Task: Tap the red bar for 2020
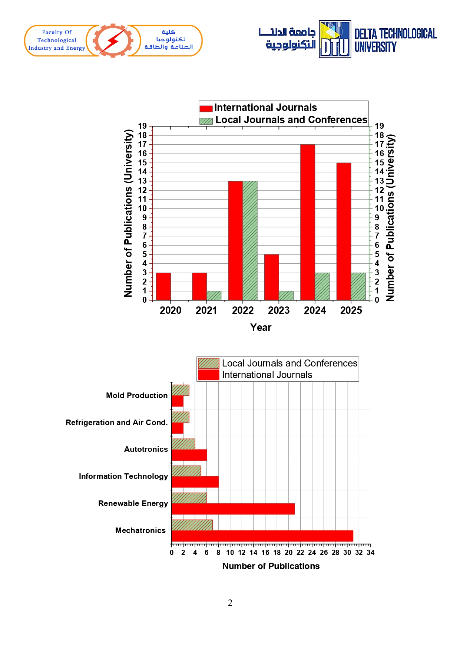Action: coord(163,286)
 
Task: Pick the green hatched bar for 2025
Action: coord(358,286)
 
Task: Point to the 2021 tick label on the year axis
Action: coord(206,310)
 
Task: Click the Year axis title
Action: coord(261,327)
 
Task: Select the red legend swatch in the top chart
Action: coord(206,109)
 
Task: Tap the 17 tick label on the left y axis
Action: coord(143,144)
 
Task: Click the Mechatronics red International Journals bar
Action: coord(262,536)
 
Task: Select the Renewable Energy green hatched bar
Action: coord(189,498)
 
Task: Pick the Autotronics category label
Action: coord(146,449)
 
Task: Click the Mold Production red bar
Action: coord(177,401)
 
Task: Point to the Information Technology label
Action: coord(123,476)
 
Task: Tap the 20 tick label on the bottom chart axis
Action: coord(288,552)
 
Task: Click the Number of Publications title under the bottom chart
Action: coord(271,566)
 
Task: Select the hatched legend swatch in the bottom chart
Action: coord(208,363)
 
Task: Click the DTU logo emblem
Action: coord(335,39)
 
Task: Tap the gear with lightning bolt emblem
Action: coord(113,40)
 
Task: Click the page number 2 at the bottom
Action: coord(230,603)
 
